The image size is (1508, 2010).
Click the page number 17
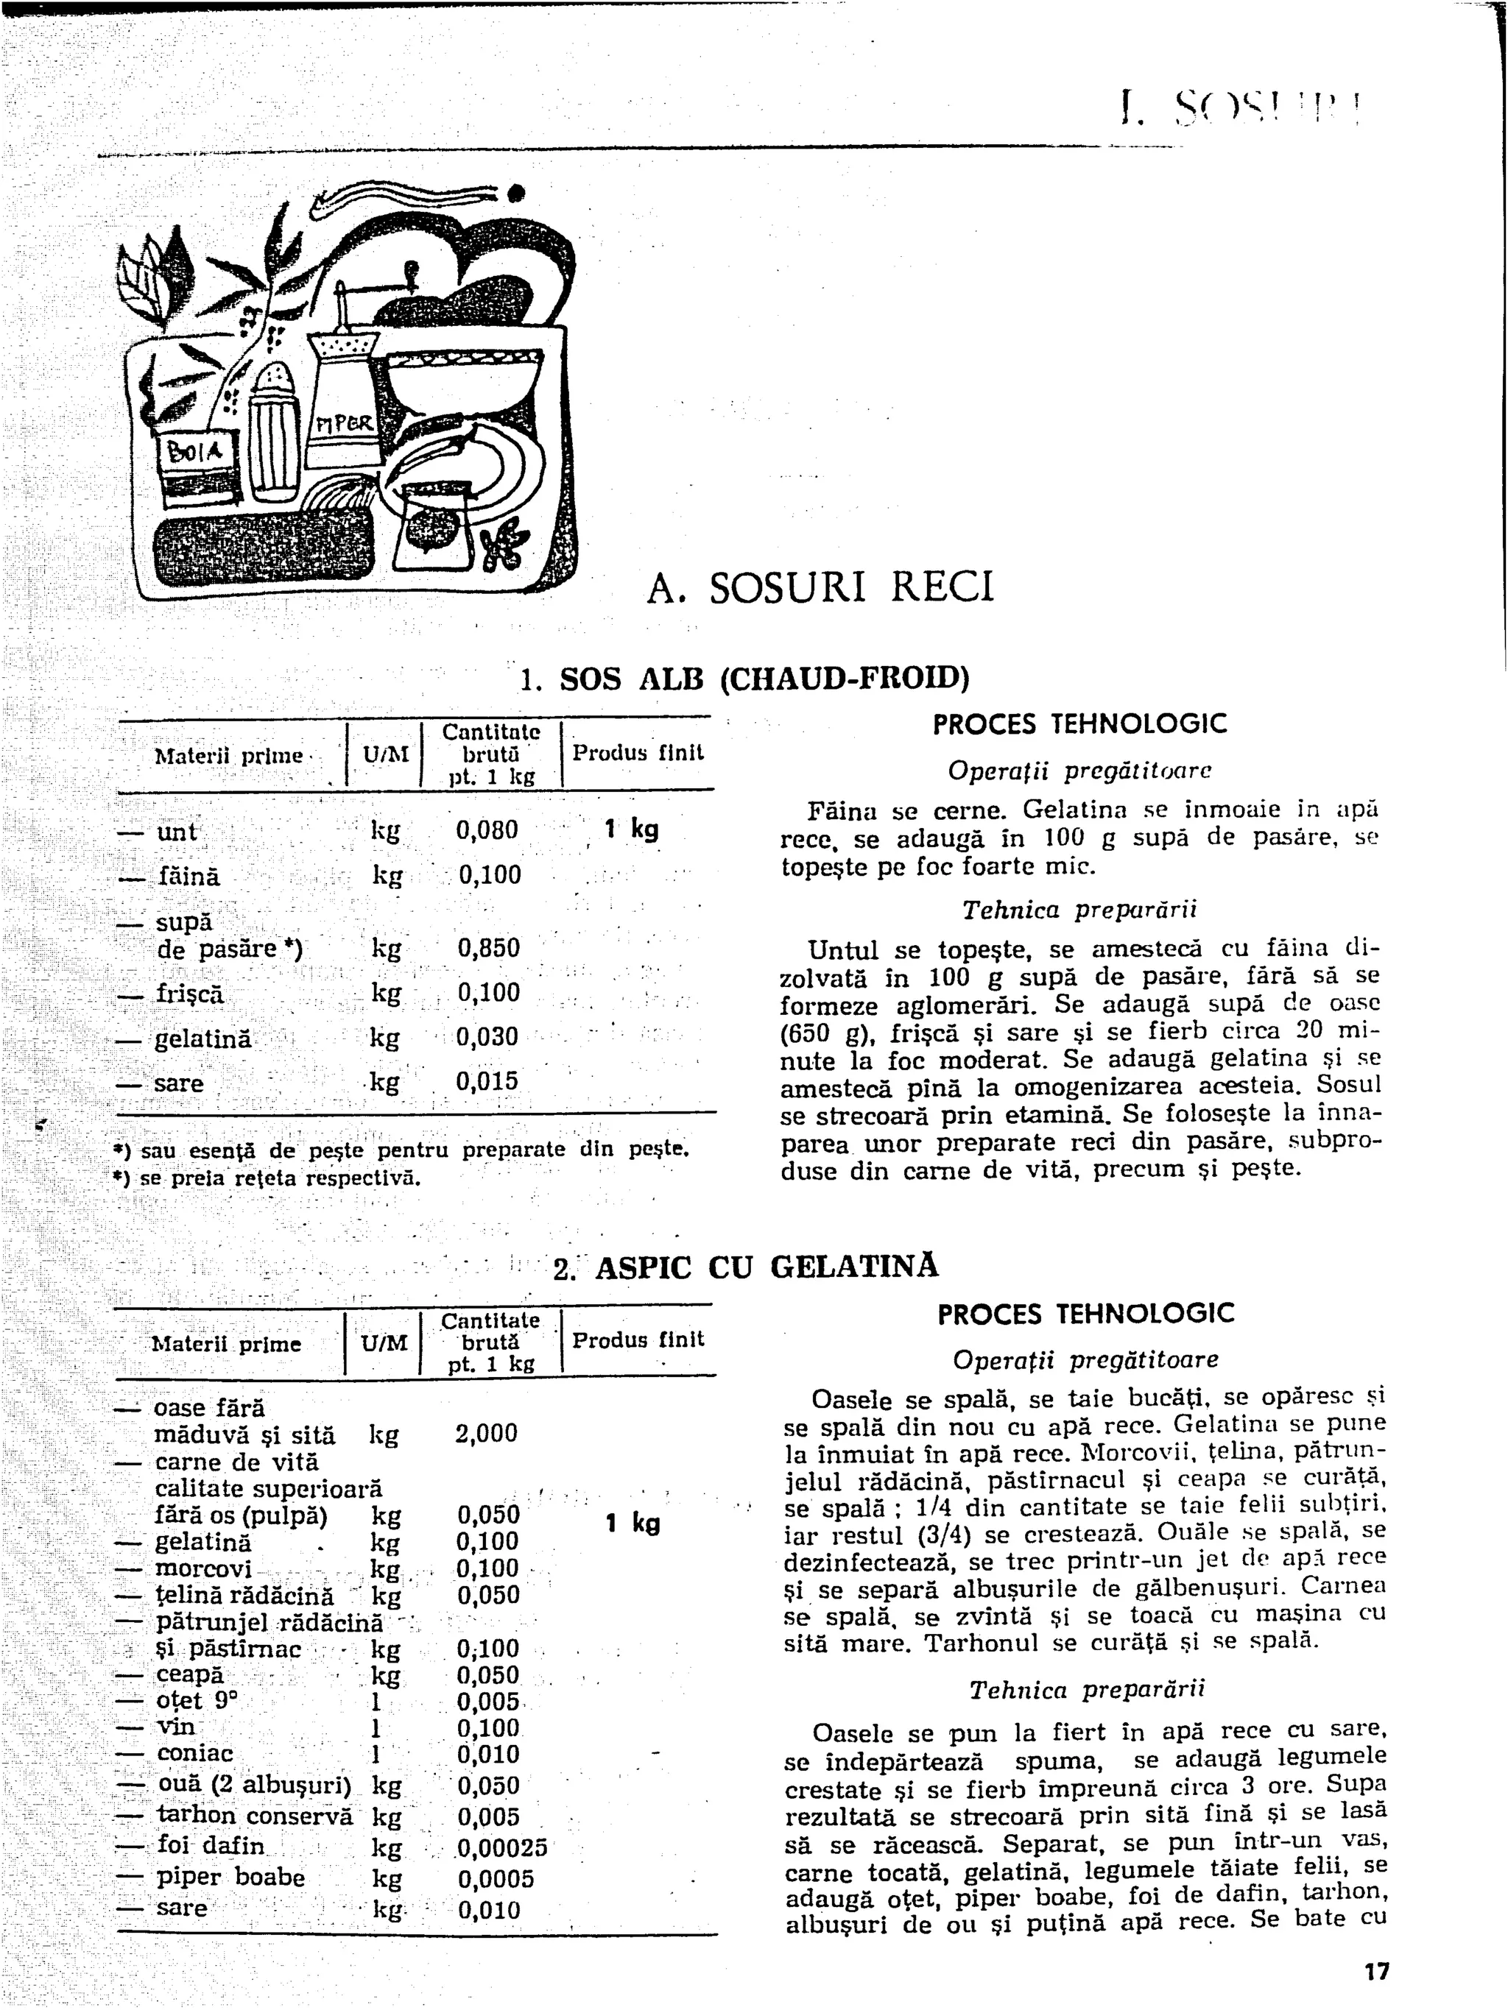pyautogui.click(x=1376, y=1971)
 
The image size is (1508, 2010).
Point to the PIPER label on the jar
pyautogui.click(x=338, y=425)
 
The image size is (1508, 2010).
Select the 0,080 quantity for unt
pyautogui.click(x=487, y=829)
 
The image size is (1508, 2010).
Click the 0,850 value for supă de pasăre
pyautogui.click(x=488, y=949)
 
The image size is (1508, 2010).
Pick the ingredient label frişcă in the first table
pyautogui.click(x=189, y=993)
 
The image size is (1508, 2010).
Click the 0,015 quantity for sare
pyautogui.click(x=487, y=1081)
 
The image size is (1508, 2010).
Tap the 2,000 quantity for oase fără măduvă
pyautogui.click(x=486, y=1433)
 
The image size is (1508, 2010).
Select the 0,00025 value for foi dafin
pyautogui.click(x=503, y=1849)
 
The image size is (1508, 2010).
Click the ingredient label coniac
pyautogui.click(x=194, y=1754)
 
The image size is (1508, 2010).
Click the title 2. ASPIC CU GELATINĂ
pyautogui.click(x=745, y=1267)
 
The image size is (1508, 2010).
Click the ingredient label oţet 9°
pyautogui.click(x=197, y=1700)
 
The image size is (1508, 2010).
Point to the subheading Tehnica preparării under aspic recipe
pyautogui.click(x=1086, y=1689)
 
